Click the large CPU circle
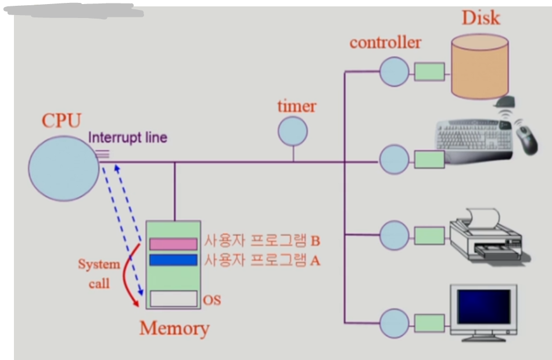click(64, 168)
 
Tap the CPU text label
click(61, 121)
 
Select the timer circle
click(292, 131)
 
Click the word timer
click(296, 106)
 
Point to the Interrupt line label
click(128, 138)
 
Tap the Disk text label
click(481, 17)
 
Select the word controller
click(385, 42)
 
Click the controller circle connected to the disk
click(395, 71)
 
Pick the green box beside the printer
click(429, 235)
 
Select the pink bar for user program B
click(173, 244)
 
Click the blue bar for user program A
click(173, 260)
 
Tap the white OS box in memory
click(173, 298)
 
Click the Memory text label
click(174, 329)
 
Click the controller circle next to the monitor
click(395, 323)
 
